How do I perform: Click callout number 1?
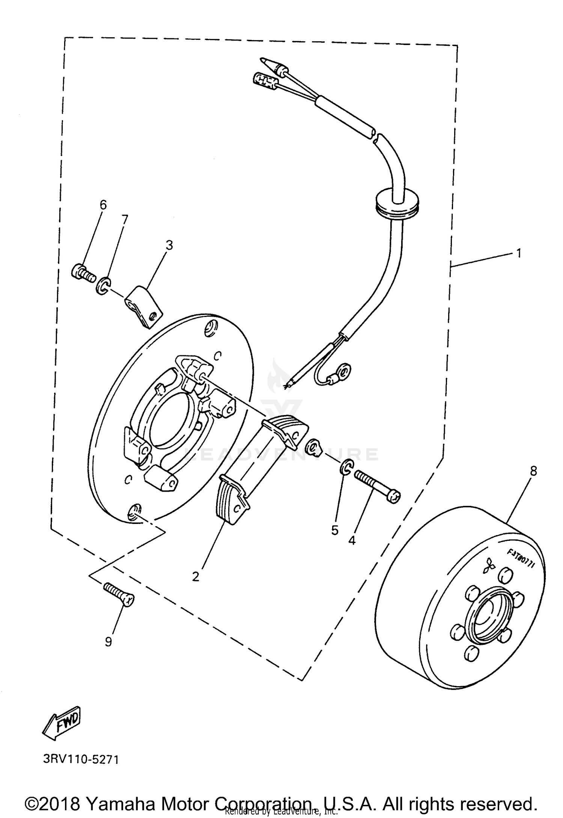tap(518, 254)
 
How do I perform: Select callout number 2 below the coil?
tap(196, 577)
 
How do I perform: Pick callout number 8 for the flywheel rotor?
tap(533, 471)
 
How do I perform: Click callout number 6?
tap(103, 205)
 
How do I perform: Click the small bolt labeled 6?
tap(82, 272)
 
